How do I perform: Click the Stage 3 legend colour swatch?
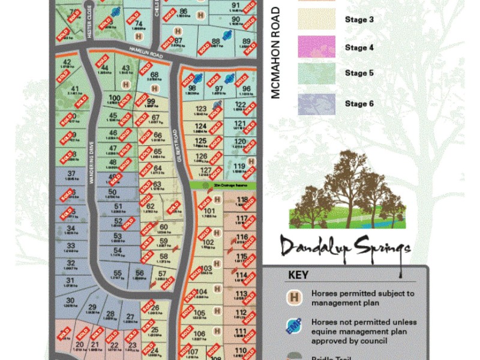point(316,19)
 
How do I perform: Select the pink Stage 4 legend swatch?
point(316,47)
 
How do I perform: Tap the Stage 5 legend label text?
point(359,73)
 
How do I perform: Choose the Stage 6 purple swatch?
point(316,103)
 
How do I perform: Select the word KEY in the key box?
point(298,275)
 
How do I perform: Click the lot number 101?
point(209,211)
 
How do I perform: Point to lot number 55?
point(118,273)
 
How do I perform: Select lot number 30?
point(70,300)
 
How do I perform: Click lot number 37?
point(71,172)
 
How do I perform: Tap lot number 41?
point(75,89)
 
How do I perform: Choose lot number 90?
point(236,19)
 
